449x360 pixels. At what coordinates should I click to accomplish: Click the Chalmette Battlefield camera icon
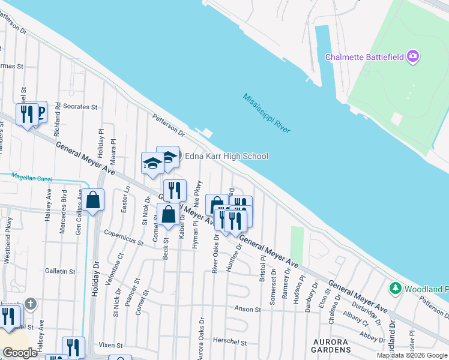[412, 57]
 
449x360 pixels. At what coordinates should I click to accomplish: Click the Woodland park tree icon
[395, 289]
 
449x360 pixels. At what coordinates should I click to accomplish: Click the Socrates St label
[80, 107]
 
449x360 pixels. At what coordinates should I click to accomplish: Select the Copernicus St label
[123, 238]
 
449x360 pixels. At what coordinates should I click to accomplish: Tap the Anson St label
[247, 310]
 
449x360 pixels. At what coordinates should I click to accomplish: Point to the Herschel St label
[231, 342]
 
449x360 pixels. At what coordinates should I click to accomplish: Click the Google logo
[20, 353]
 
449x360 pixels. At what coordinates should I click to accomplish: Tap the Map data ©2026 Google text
[412, 355]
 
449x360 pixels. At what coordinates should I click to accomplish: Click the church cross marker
[31, 304]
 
